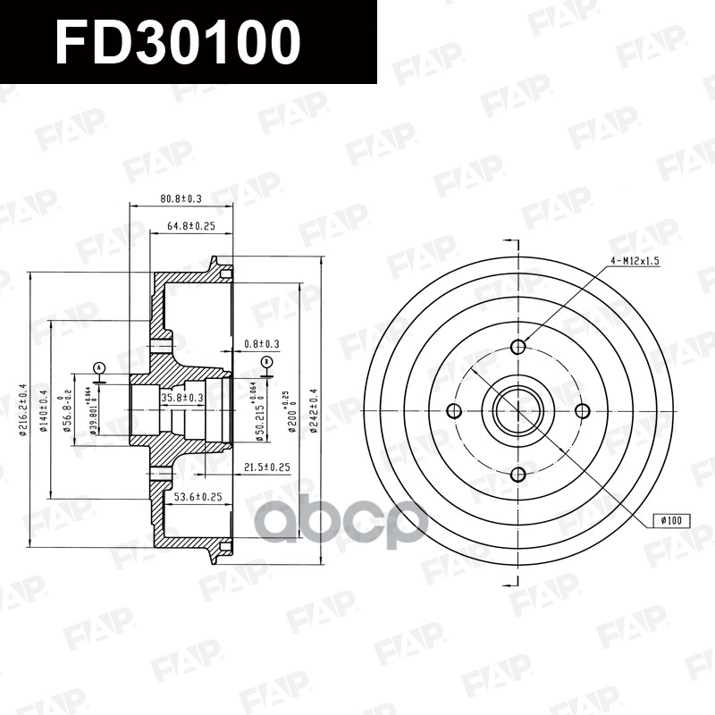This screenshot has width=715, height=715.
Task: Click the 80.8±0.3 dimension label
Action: [x=181, y=198]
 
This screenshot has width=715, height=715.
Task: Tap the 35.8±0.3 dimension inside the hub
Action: [x=182, y=397]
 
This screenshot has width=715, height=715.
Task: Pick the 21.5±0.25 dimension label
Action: [x=267, y=467]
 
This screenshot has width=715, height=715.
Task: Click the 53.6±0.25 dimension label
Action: [x=198, y=496]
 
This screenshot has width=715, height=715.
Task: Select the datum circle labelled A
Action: [x=99, y=367]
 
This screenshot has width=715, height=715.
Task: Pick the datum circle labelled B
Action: [x=266, y=361]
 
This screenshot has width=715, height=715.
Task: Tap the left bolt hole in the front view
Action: [x=454, y=411]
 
